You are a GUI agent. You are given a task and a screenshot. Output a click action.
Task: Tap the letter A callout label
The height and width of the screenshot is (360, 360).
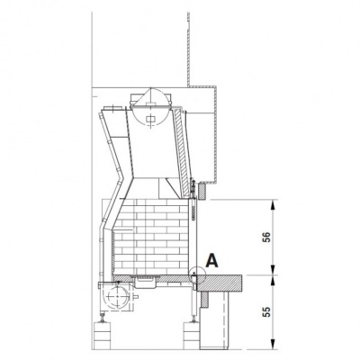click(x=211, y=261)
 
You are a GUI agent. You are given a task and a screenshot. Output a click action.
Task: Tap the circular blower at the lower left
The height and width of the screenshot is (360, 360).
click(x=114, y=293)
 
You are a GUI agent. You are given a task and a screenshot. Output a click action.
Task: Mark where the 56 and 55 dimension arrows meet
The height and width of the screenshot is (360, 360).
click(x=274, y=273)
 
